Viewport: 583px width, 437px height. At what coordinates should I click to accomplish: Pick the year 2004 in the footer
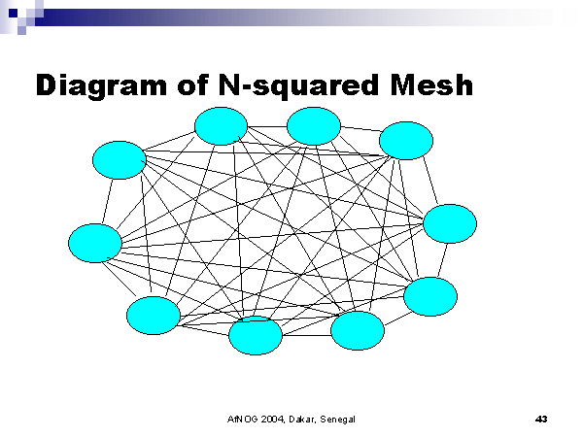273,419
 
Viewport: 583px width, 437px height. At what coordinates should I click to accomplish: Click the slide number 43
541,419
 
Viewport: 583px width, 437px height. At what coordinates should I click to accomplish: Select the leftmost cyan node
95,242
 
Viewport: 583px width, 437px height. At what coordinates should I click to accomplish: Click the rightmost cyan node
450,223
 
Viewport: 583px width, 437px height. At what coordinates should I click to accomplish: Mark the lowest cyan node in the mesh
255,335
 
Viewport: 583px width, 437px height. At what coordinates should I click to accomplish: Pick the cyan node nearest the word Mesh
405,140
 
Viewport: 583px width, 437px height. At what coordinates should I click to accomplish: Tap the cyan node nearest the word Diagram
120,160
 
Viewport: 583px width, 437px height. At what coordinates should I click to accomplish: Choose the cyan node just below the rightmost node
429,296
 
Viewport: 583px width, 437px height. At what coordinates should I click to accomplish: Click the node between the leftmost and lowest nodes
154,316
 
